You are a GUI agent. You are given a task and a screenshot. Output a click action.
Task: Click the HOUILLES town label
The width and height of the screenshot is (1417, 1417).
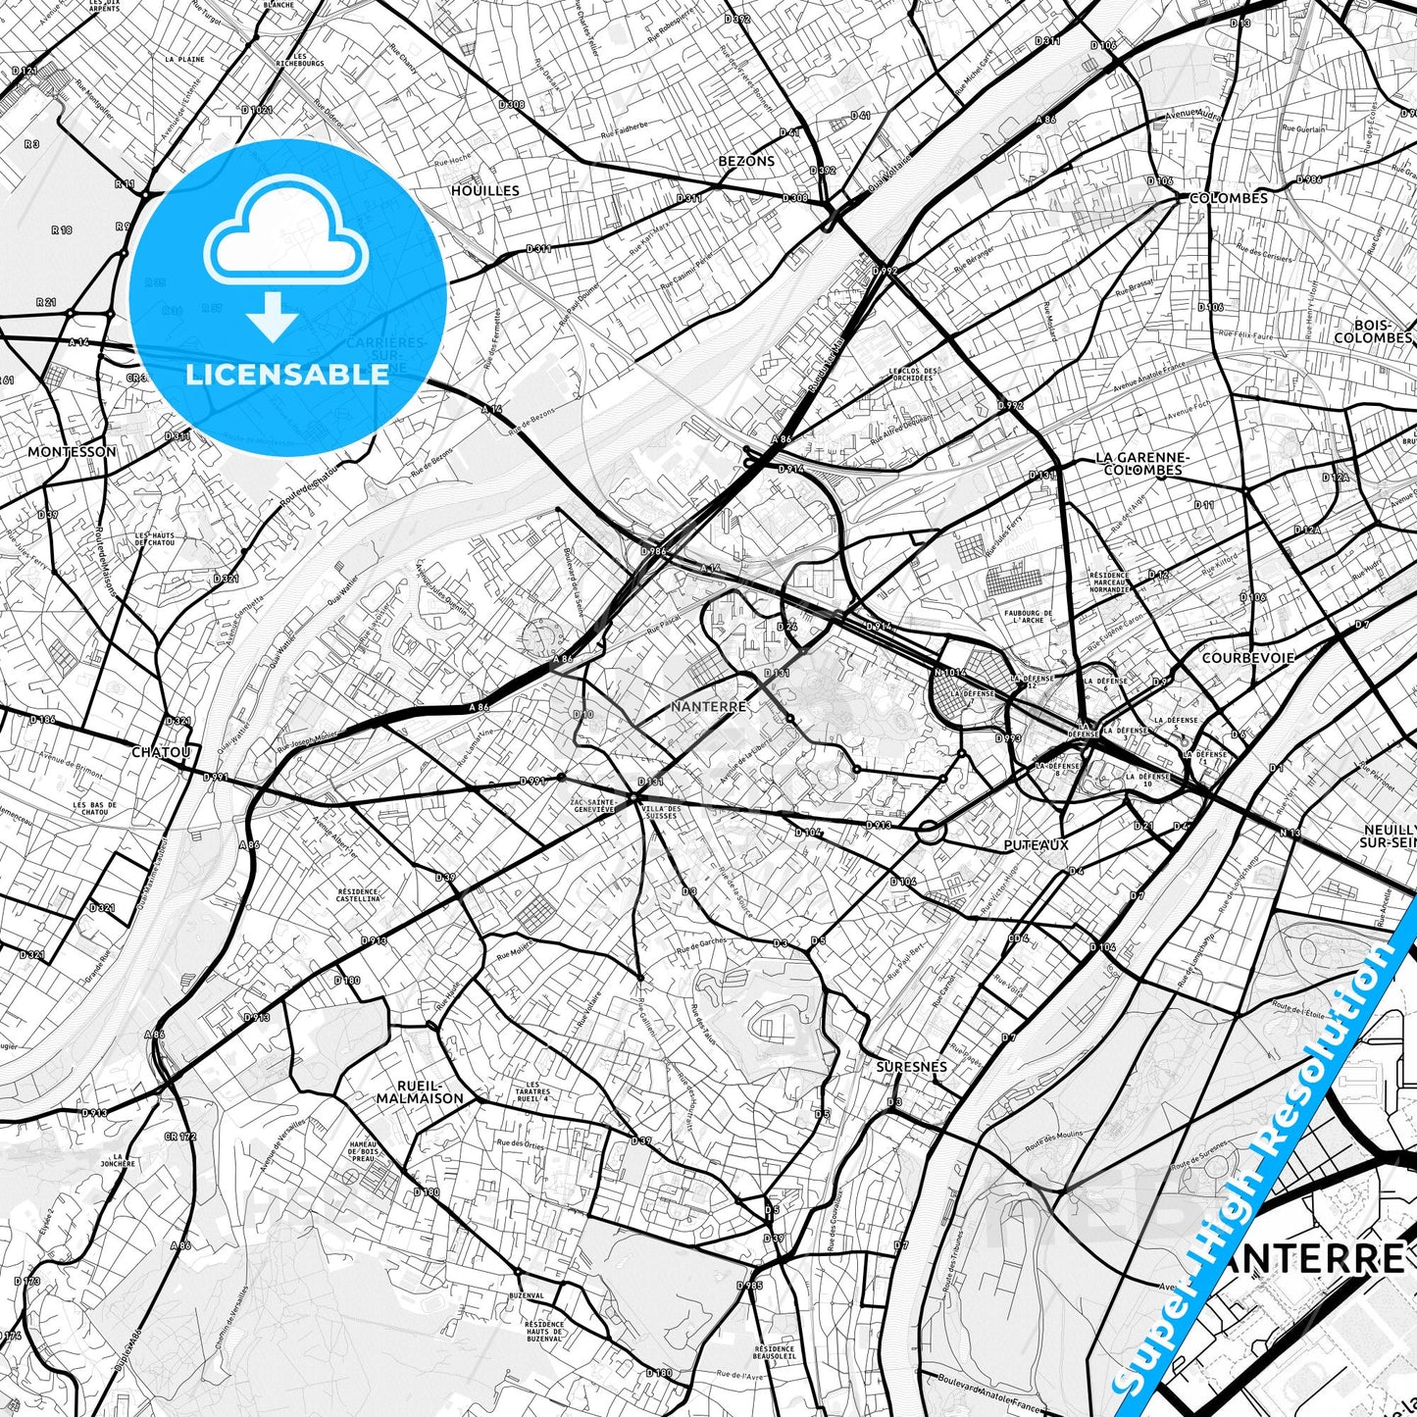pyautogui.click(x=484, y=190)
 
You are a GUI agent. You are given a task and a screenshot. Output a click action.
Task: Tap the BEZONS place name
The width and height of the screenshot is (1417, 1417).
pyautogui.click(x=746, y=161)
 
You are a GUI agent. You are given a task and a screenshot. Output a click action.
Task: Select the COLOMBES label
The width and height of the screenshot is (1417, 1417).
pyautogui.click(x=1228, y=198)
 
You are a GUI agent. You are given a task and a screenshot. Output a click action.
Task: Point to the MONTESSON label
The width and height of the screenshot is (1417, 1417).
pyautogui.click(x=72, y=452)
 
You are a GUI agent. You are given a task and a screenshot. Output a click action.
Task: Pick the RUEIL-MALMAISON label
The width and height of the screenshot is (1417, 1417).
pyautogui.click(x=420, y=1091)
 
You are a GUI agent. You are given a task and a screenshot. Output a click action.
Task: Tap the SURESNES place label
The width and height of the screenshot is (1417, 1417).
pyautogui.click(x=911, y=1066)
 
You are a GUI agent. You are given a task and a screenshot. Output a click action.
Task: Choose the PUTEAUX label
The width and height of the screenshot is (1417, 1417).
pyautogui.click(x=1037, y=843)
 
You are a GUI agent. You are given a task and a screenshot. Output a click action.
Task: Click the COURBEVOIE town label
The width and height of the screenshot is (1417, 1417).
pyautogui.click(x=1247, y=658)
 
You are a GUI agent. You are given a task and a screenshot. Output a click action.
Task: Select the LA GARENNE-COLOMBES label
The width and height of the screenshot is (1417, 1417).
pyautogui.click(x=1141, y=464)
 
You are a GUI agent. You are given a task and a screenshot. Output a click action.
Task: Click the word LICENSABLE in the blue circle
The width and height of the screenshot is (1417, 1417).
pyautogui.click(x=287, y=374)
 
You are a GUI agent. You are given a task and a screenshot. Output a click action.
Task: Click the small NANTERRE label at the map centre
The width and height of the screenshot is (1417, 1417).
pyautogui.click(x=708, y=706)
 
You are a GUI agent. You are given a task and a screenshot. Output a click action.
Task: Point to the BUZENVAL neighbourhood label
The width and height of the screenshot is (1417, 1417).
pyautogui.click(x=527, y=1295)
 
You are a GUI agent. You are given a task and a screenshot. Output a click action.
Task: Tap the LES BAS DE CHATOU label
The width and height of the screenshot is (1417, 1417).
pyautogui.click(x=94, y=808)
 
